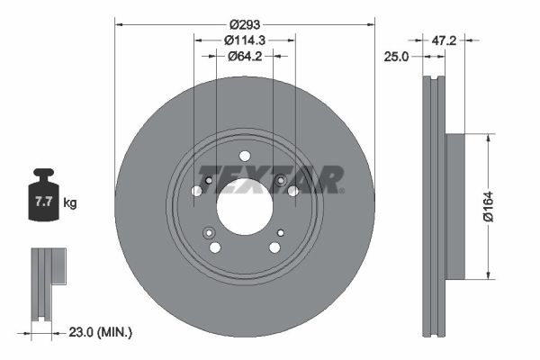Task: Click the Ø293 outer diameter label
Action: point(244,22)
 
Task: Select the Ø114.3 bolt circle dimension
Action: point(244,40)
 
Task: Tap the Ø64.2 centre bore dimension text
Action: point(244,56)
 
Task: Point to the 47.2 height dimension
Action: point(442,40)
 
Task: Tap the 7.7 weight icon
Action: point(42,200)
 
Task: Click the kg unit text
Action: point(70,203)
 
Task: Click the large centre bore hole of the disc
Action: point(244,206)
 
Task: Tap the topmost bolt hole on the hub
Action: point(245,156)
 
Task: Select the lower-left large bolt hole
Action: point(215,247)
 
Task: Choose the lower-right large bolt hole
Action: point(274,247)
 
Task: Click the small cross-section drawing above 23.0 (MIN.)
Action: point(44,283)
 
